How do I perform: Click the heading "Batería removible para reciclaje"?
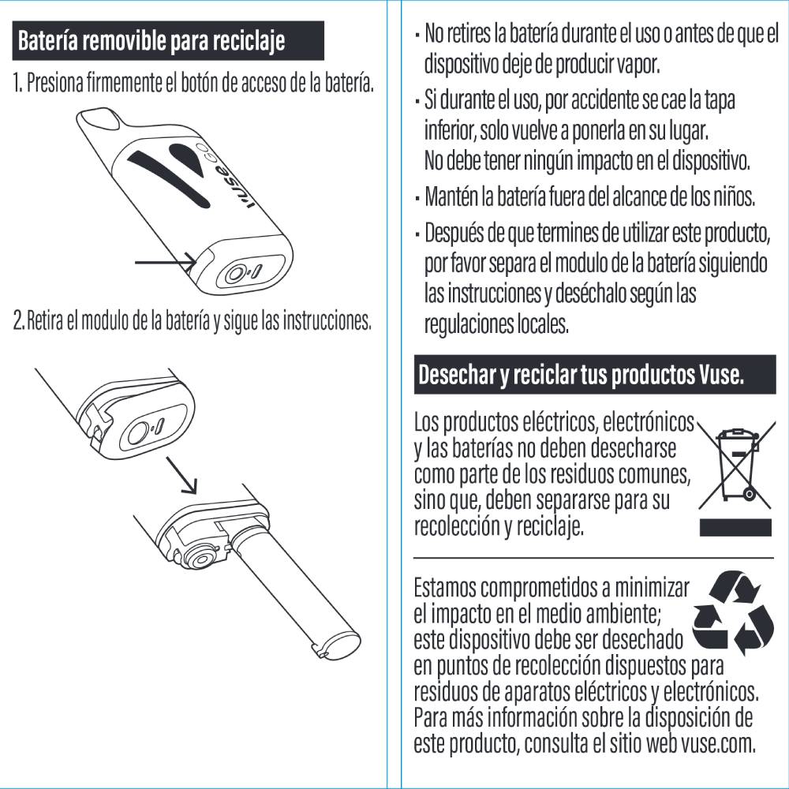pyautogui.click(x=151, y=40)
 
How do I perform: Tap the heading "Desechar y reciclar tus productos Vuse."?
pyautogui.click(x=581, y=374)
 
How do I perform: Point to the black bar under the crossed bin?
pyautogui.click(x=735, y=527)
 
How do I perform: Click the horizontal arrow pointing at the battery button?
pyautogui.click(x=166, y=262)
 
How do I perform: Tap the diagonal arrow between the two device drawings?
pyautogui.click(x=181, y=476)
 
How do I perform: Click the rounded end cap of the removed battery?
pyautogui.click(x=340, y=643)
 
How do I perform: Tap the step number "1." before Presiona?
pyautogui.click(x=18, y=83)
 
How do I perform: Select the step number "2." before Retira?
pyautogui.click(x=19, y=320)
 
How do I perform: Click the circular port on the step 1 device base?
pyautogui.click(x=235, y=275)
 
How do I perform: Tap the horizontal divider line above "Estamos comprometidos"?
pyautogui.click(x=594, y=558)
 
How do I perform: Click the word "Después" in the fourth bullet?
pyautogui.click(x=454, y=234)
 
